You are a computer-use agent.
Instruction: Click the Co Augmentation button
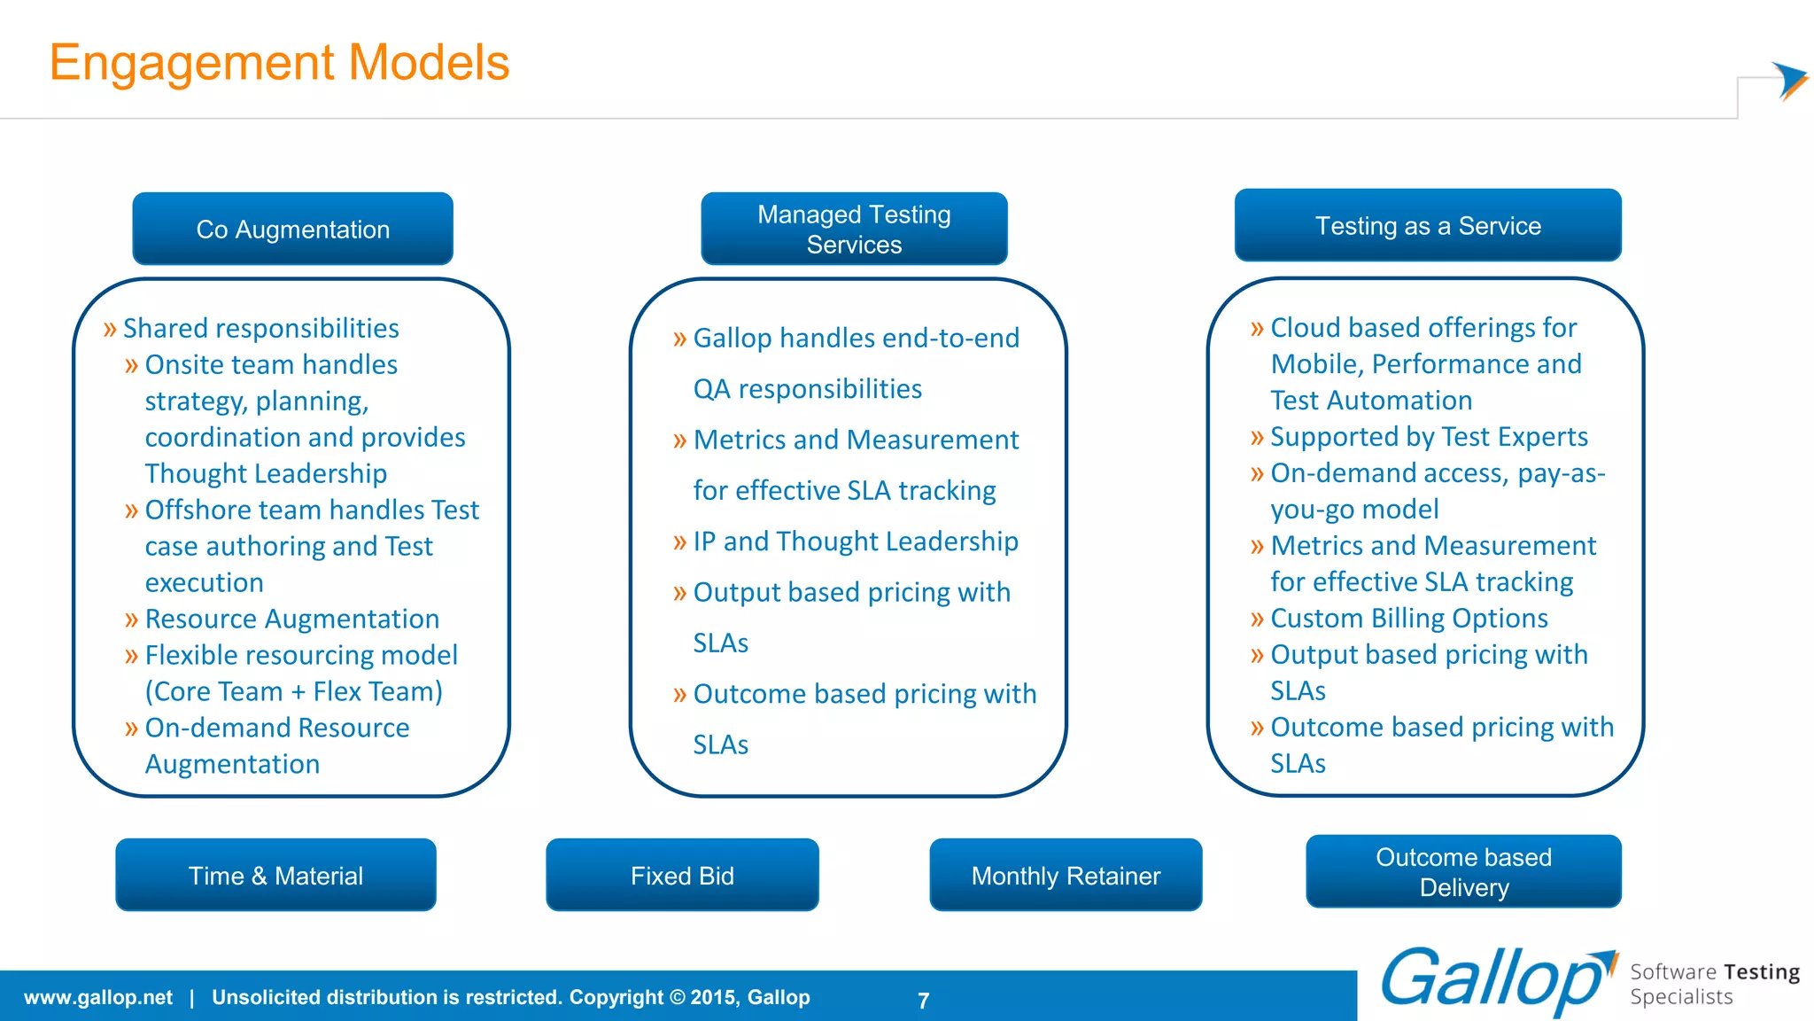292,229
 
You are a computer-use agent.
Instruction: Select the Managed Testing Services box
854,229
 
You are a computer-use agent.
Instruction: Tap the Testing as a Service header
1428,225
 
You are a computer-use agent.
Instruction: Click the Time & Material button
275,876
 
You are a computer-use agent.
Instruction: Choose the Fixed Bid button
682,876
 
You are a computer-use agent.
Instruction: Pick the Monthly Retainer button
1066,876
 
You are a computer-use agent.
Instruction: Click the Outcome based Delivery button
1463,872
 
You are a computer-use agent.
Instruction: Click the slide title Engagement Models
279,62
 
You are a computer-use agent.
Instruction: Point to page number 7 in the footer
923,1001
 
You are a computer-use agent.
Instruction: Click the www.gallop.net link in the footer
97,997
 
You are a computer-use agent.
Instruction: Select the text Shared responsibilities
260,328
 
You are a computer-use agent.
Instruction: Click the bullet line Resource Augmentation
291,619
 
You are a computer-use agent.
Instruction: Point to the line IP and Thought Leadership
855,542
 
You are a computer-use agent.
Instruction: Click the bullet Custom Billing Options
1408,618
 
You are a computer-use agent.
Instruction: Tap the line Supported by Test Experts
1428,437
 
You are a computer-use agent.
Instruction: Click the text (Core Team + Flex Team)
293,691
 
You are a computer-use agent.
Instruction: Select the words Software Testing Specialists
1714,984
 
